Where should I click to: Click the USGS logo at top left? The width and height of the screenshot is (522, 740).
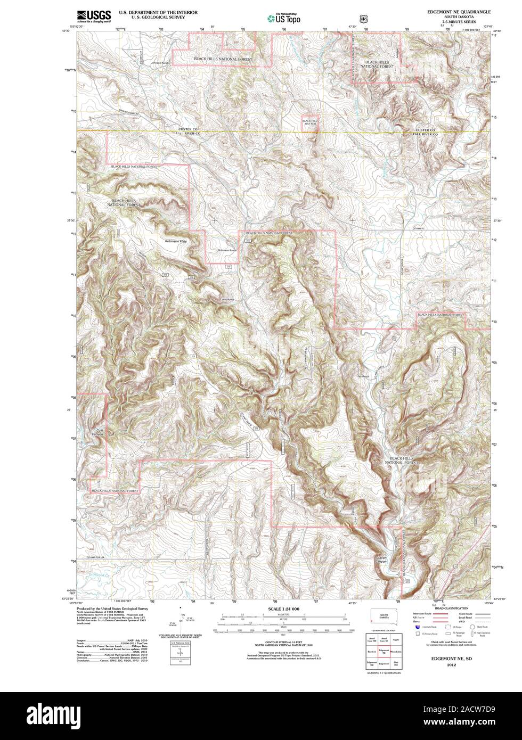(94, 15)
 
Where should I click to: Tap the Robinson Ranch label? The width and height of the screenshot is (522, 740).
(226, 250)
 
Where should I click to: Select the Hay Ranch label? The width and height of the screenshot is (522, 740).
(227, 300)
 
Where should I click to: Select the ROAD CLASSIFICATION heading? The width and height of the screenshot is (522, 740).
(452, 608)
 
